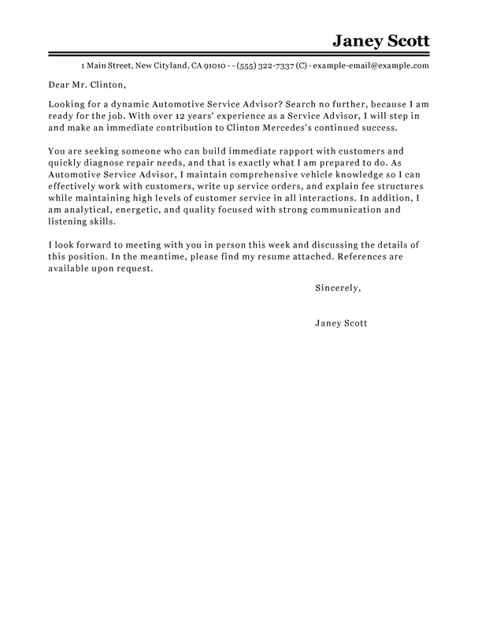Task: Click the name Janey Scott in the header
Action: [380, 40]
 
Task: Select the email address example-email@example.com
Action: [371, 65]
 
